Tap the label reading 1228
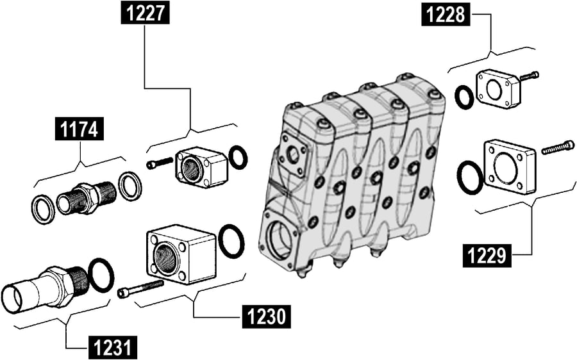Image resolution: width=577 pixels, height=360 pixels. point(446,14)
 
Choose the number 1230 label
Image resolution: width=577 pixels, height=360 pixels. point(266,316)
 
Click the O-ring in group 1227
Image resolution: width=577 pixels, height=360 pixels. point(238,157)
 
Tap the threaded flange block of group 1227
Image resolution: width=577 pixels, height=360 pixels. point(201,167)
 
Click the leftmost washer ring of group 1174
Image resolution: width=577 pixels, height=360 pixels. point(44,210)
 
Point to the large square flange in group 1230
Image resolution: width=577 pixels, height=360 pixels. point(181,254)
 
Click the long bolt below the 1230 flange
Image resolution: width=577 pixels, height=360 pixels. point(140,289)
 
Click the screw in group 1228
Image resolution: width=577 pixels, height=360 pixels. point(529,76)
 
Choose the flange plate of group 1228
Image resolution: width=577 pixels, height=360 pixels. point(498,89)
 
